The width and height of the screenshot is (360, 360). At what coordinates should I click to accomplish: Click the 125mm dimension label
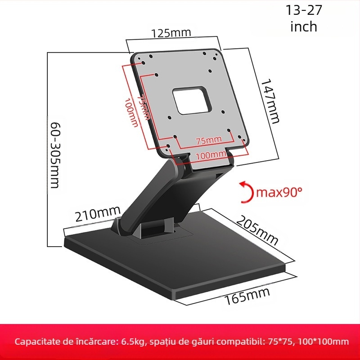171,33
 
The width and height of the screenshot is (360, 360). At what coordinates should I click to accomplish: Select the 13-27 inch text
304,18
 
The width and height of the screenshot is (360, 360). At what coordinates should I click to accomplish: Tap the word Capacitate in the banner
39,342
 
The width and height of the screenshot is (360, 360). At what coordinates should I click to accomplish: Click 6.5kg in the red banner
133,342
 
